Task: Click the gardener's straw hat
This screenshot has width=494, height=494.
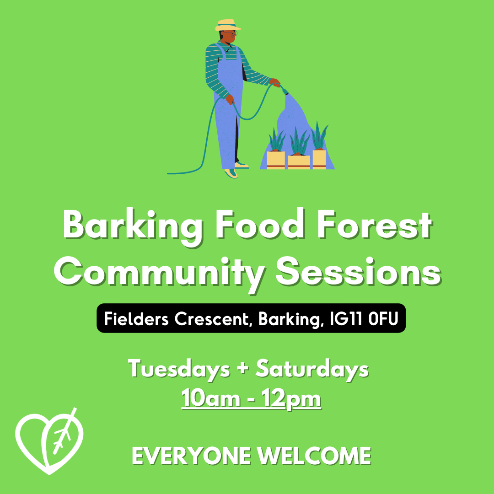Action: (x=228, y=25)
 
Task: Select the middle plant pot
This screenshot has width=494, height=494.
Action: (x=299, y=162)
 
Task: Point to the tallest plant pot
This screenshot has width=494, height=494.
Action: (x=319, y=160)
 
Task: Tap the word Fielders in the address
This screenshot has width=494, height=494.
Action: (x=136, y=319)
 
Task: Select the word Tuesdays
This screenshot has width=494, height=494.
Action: (x=179, y=369)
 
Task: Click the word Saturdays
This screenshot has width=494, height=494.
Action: (x=312, y=369)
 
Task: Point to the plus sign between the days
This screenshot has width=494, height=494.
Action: (x=242, y=369)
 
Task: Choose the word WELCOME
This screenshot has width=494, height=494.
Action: (x=314, y=456)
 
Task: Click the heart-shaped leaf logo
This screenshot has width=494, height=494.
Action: (x=49, y=441)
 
